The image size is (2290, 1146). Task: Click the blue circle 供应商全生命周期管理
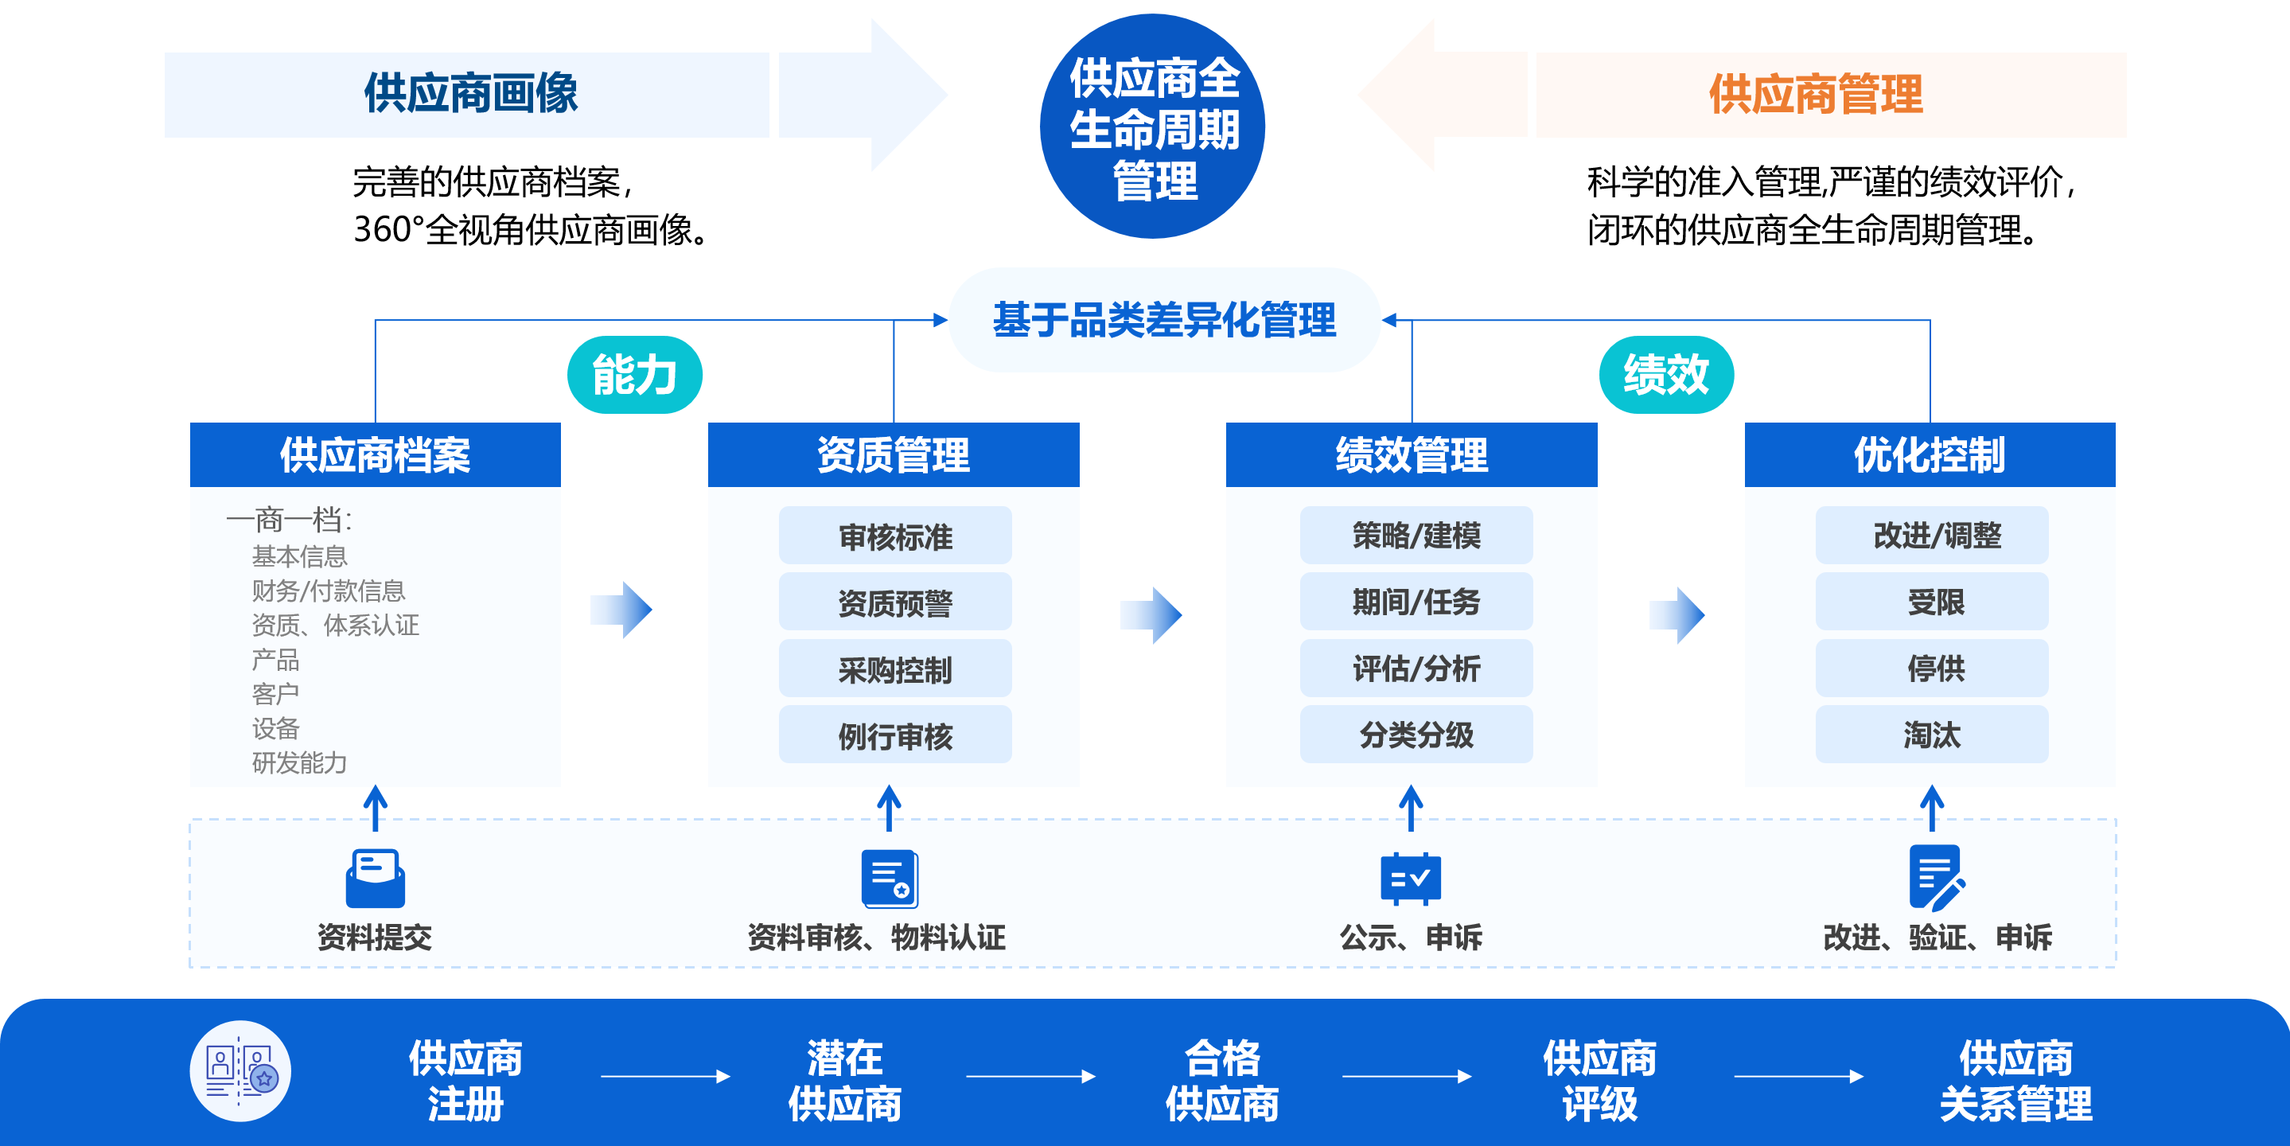[x=1152, y=127]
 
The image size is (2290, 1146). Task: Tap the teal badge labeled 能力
[x=635, y=374]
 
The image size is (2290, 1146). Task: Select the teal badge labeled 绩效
[x=1666, y=374]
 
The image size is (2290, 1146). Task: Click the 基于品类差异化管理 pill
[x=1163, y=320]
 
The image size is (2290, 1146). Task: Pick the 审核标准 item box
[x=895, y=536]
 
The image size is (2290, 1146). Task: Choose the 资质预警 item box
[x=895, y=602]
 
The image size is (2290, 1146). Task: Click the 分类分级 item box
[x=1416, y=735]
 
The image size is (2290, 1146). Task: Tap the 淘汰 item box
[x=1932, y=735]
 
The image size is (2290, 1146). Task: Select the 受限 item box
[x=1932, y=602]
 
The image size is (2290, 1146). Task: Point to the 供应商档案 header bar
[x=375, y=455]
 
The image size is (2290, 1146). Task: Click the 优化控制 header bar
[x=1930, y=455]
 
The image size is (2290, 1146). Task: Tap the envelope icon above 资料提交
[x=375, y=879]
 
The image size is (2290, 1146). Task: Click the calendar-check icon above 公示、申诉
[x=1411, y=879]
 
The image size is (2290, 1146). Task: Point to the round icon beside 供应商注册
[x=240, y=1071]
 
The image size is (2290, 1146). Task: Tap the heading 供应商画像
[x=470, y=94]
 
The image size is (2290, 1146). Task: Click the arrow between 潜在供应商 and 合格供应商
[x=1030, y=1077]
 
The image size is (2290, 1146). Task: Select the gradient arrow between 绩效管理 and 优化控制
[x=1677, y=614]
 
